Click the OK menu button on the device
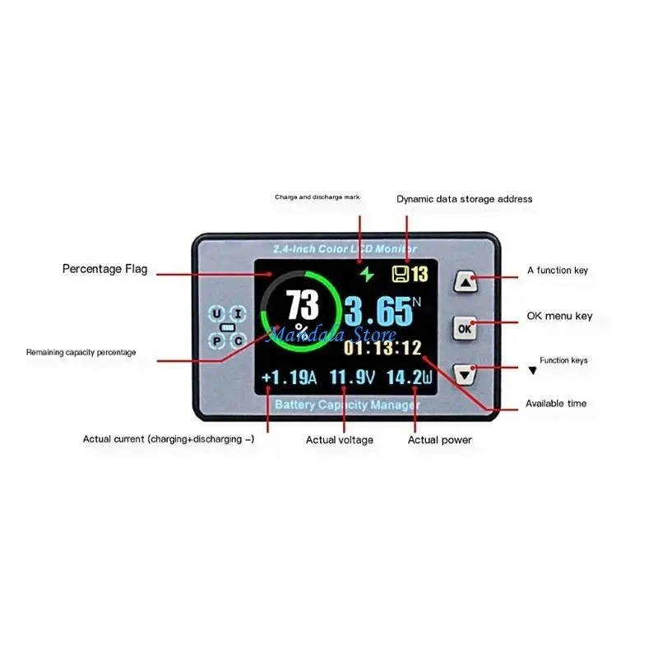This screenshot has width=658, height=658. (x=466, y=328)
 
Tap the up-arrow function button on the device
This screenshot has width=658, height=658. (x=466, y=282)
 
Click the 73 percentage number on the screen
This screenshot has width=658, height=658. (x=303, y=306)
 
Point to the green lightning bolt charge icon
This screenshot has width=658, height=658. (x=364, y=274)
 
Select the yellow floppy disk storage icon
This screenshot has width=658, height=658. (x=401, y=274)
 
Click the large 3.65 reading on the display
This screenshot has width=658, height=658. (x=377, y=312)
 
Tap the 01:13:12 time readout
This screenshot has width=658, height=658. (x=382, y=348)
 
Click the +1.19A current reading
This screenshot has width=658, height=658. (x=289, y=378)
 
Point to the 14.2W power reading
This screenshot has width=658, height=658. (x=409, y=378)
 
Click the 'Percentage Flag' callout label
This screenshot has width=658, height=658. (x=105, y=269)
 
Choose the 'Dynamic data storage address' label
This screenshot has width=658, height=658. (x=464, y=199)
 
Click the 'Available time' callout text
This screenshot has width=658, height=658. (x=556, y=404)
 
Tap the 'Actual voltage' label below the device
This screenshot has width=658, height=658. (x=339, y=440)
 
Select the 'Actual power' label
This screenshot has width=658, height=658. (x=440, y=440)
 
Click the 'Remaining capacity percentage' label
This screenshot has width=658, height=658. (x=81, y=352)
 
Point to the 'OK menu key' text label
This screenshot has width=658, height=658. (x=559, y=316)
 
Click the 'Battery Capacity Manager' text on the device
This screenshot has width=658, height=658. (x=347, y=405)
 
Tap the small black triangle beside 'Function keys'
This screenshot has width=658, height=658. (x=532, y=371)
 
